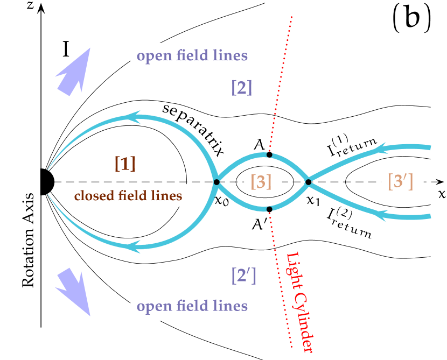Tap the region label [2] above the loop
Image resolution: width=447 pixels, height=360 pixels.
[241, 87]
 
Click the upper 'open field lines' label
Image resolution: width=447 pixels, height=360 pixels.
[192, 56]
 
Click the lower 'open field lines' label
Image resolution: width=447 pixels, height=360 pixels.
[192, 306]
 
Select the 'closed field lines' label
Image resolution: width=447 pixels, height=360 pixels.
[128, 196]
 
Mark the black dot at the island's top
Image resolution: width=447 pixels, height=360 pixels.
[269, 155]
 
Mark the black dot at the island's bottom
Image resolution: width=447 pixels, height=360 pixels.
[269, 209]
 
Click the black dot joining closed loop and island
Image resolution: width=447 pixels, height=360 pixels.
[216, 182]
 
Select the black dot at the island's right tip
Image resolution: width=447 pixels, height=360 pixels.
[308, 182]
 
